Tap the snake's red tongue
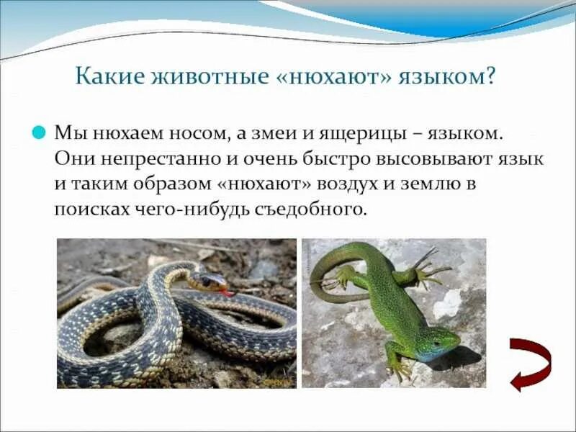click(x=228, y=292)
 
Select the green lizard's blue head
click(x=441, y=344)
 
